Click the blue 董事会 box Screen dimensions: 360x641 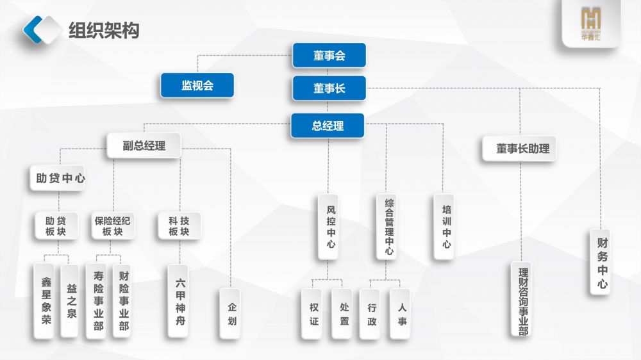coord(329,55)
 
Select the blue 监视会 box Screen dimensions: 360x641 coord(197,86)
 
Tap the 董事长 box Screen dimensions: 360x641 coord(329,88)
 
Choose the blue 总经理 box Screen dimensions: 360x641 coord(328,126)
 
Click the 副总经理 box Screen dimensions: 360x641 coord(144,146)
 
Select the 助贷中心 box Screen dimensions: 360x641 coord(57,179)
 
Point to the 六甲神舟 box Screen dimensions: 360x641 coord(180,301)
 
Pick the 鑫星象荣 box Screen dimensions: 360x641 coord(46,301)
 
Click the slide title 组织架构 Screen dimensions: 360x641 coord(103,29)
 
